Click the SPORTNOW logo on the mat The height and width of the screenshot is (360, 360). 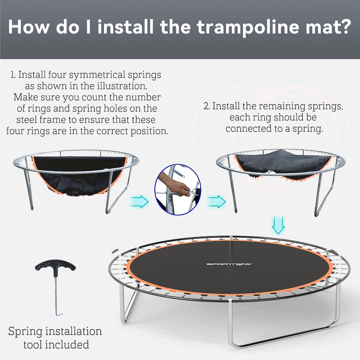coord(229,264)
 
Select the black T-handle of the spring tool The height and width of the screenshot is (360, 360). coord(55,267)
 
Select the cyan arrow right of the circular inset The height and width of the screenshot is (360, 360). coord(216,201)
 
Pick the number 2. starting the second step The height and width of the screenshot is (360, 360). coord(207,106)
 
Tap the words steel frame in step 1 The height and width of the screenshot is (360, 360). coord(39,120)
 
